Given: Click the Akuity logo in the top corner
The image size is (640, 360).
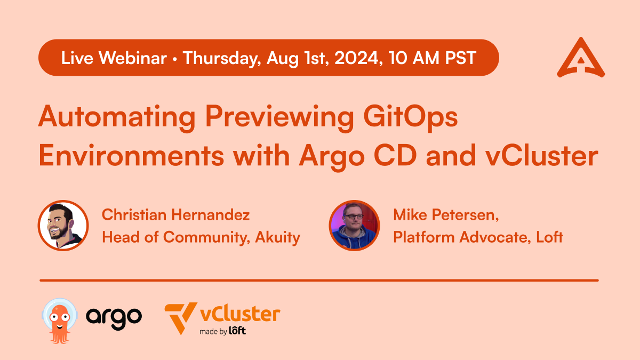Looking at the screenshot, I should (x=581, y=58).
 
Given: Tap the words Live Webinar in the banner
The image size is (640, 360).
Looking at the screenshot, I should (x=114, y=58).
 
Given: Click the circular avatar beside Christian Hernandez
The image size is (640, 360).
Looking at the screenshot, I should (x=63, y=225).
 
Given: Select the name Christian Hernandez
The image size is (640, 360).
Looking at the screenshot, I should (x=175, y=215).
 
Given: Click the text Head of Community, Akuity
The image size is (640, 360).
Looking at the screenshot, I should (x=201, y=237).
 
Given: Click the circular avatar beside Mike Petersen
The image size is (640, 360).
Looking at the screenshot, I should (x=354, y=225).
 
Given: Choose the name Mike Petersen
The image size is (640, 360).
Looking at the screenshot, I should (x=445, y=215).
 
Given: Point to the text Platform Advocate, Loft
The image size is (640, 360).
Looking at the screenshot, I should (x=478, y=237).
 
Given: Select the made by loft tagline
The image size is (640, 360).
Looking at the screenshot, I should (x=222, y=331).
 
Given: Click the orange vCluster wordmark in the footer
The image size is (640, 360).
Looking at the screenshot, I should (x=239, y=314).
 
